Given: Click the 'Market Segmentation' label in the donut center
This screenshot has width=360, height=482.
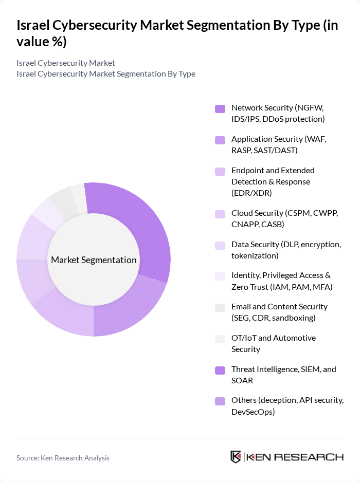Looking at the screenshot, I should pyautogui.click(x=94, y=260).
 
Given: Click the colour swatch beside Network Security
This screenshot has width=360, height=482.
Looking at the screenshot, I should pyautogui.click(x=220, y=108).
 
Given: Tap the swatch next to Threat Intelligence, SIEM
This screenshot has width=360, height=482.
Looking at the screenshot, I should pyautogui.click(x=220, y=369).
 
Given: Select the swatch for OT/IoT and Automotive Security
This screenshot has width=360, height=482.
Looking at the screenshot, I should pyautogui.click(x=220, y=338).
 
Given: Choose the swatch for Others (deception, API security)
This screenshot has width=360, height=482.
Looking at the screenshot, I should pyautogui.click(x=220, y=401).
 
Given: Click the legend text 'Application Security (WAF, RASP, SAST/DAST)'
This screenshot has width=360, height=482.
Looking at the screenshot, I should pyautogui.click(x=279, y=144).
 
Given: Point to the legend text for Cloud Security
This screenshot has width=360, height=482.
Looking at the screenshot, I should pyautogui.click(x=284, y=218).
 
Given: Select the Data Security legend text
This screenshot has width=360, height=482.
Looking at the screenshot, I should pyautogui.click(x=286, y=250).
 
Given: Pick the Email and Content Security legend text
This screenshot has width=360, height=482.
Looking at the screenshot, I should pyautogui.click(x=279, y=312).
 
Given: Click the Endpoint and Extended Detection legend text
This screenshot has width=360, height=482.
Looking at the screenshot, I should pyautogui.click(x=273, y=181).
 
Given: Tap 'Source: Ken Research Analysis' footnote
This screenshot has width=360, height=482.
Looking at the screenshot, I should pyautogui.click(x=63, y=458).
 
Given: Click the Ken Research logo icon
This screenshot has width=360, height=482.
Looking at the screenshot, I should pyautogui.click(x=236, y=457).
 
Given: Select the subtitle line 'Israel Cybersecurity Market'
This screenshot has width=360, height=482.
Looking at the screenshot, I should pyautogui.click(x=66, y=63).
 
